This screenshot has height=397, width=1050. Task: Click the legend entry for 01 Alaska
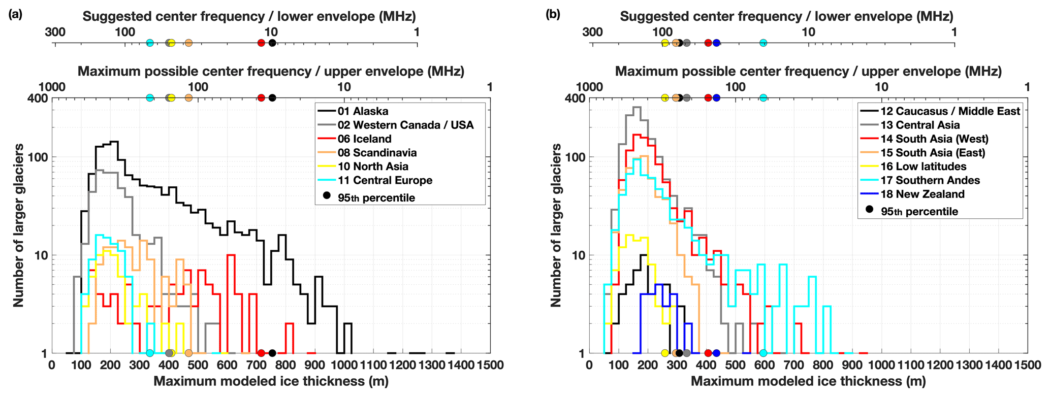click(363, 111)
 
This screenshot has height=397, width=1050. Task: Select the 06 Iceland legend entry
click(364, 139)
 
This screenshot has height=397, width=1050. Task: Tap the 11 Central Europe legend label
click(385, 180)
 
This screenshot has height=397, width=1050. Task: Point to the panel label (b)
click(553, 15)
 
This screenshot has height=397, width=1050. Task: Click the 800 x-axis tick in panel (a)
click(285, 365)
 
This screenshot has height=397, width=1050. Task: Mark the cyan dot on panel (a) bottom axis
click(150, 353)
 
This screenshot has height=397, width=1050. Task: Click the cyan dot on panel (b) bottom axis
click(763, 353)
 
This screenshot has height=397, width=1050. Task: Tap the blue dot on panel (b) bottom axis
click(716, 353)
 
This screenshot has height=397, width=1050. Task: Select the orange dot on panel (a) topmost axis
click(188, 43)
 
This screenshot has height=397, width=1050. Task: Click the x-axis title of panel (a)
click(271, 381)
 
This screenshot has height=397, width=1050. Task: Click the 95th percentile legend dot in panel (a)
click(327, 195)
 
